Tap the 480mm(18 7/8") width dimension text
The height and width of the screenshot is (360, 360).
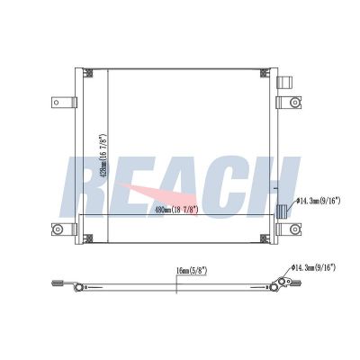click(x=176, y=210)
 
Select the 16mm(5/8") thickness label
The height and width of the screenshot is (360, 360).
click(x=192, y=271)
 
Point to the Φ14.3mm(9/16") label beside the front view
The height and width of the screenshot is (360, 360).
click(x=319, y=201)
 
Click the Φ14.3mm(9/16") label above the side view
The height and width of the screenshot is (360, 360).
click(x=313, y=267)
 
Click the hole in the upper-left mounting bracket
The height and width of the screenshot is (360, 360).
click(x=56, y=103)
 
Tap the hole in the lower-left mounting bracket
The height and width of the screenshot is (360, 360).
click(x=57, y=229)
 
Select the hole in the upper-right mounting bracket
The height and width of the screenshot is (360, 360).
click(x=295, y=103)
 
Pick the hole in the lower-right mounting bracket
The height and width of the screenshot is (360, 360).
click(x=295, y=229)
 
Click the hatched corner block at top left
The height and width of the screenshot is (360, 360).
click(x=88, y=73)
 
